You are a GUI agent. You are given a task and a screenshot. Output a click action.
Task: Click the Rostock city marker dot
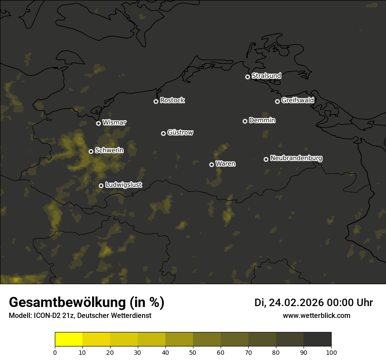click(x=156, y=101)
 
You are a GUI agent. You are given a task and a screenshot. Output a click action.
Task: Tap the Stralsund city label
click(x=266, y=76)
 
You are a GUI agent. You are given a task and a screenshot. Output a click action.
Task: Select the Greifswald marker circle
click(x=277, y=101)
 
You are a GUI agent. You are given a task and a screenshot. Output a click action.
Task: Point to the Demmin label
click(x=262, y=120)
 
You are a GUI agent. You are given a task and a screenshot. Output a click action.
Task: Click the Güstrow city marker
click(x=163, y=133)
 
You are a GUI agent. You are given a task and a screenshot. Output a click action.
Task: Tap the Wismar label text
click(x=114, y=122)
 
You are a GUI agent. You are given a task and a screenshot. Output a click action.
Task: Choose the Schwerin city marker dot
click(x=91, y=151)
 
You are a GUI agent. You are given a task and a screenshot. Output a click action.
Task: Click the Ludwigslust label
click(x=124, y=185)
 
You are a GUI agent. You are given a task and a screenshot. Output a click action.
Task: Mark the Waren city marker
click(x=211, y=164)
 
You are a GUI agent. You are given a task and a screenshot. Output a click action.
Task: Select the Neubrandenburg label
click(x=296, y=158)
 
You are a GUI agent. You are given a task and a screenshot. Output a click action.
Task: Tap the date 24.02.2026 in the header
click(x=294, y=303)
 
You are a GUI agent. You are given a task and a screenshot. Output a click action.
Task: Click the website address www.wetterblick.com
click(x=316, y=315)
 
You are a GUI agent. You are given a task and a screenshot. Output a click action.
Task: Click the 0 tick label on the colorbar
click(x=55, y=352)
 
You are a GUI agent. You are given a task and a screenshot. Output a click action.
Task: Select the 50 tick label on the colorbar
click(x=193, y=352)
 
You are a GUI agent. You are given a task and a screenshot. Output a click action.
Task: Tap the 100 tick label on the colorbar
click(x=331, y=352)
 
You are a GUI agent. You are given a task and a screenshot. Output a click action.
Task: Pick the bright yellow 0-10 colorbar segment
click(x=69, y=339)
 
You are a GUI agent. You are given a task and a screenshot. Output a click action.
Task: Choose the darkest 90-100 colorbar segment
click(x=317, y=339)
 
